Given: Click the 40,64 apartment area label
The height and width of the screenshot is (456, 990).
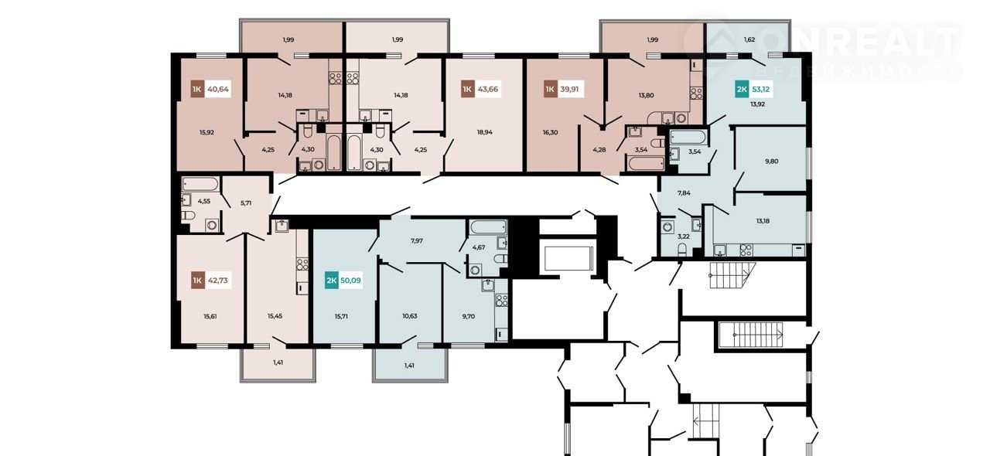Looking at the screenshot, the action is coord(218,89).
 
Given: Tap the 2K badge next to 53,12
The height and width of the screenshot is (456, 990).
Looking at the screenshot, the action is coord(742,89).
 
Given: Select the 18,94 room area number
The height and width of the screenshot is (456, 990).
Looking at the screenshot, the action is coord(484,132).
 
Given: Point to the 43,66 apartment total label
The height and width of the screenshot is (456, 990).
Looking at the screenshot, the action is coord(487,89).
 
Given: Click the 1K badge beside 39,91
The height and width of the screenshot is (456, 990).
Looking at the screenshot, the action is coord(550,89).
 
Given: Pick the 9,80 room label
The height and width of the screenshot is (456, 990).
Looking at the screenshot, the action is coord(772,162).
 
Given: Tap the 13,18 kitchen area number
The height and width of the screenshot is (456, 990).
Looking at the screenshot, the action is coord(763,221).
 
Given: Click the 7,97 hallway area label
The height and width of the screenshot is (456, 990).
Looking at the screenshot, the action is coord(416,241).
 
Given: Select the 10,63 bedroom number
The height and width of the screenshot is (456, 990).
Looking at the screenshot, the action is coord(410,316).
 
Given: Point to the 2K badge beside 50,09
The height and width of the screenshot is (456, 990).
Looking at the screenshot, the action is coord(332,281).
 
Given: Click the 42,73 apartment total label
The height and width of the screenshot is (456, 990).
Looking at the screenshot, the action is coord(218,280).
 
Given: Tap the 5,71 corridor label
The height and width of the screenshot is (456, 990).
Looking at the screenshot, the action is coord(246,203).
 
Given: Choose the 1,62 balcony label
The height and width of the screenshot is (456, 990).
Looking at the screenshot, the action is coord(749,39).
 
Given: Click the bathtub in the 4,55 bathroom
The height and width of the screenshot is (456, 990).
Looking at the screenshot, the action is coord(200,184).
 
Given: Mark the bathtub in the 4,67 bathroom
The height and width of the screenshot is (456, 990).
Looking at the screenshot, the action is coord(488,227).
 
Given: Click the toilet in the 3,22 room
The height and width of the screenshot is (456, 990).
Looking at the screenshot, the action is coord(683,250).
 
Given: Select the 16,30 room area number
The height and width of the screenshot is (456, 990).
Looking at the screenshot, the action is coord(550,132).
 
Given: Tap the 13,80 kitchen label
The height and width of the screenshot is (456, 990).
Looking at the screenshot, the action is coord(646,95).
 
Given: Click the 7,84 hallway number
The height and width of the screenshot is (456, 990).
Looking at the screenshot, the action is coord(684,192).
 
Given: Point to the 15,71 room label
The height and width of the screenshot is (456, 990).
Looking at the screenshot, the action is coord(341,316).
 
